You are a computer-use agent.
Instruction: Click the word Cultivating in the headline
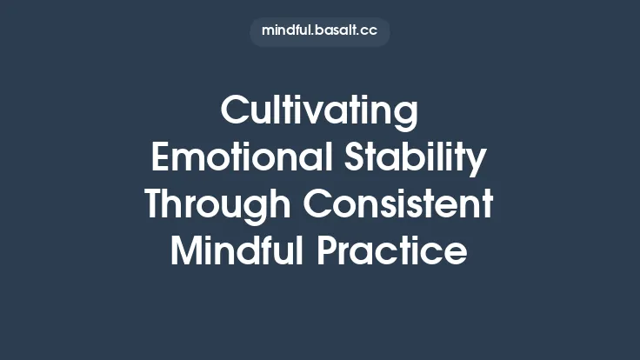[x=319, y=112]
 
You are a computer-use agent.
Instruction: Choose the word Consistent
[x=397, y=206]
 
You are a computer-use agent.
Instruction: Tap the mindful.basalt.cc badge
[x=319, y=31]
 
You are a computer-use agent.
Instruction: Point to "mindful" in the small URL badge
[x=288, y=31]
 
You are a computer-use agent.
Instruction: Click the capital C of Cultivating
[x=234, y=112]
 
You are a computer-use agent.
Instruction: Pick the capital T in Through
[x=156, y=206]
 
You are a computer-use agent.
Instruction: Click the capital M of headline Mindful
[x=186, y=252]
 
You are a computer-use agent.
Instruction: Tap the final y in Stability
[x=478, y=163]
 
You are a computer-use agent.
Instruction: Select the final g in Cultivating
[x=407, y=117]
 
